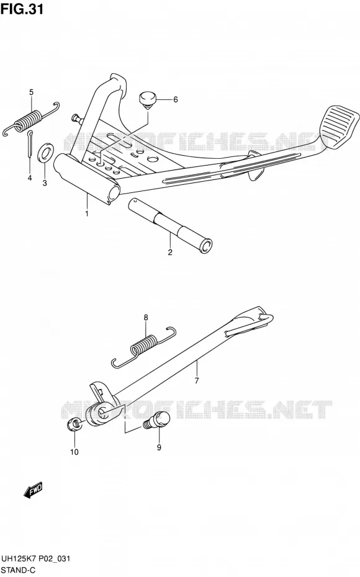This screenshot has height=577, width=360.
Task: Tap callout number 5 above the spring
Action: (x=31, y=92)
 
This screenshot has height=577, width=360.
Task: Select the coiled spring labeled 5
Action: (x=31, y=119)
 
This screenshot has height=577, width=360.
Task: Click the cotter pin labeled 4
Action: (x=30, y=144)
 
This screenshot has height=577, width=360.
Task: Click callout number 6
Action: (x=176, y=99)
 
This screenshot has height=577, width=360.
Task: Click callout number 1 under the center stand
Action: (x=87, y=213)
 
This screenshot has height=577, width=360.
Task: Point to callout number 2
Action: (x=170, y=253)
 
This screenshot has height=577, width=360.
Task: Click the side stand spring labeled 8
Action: (x=144, y=347)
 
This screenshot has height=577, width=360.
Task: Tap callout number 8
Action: (x=146, y=317)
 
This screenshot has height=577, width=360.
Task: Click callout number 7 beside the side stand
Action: (x=197, y=380)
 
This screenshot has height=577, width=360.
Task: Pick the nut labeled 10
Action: (x=74, y=425)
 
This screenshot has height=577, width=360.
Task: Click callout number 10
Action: (x=74, y=452)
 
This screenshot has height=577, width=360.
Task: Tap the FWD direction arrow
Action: (x=34, y=491)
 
